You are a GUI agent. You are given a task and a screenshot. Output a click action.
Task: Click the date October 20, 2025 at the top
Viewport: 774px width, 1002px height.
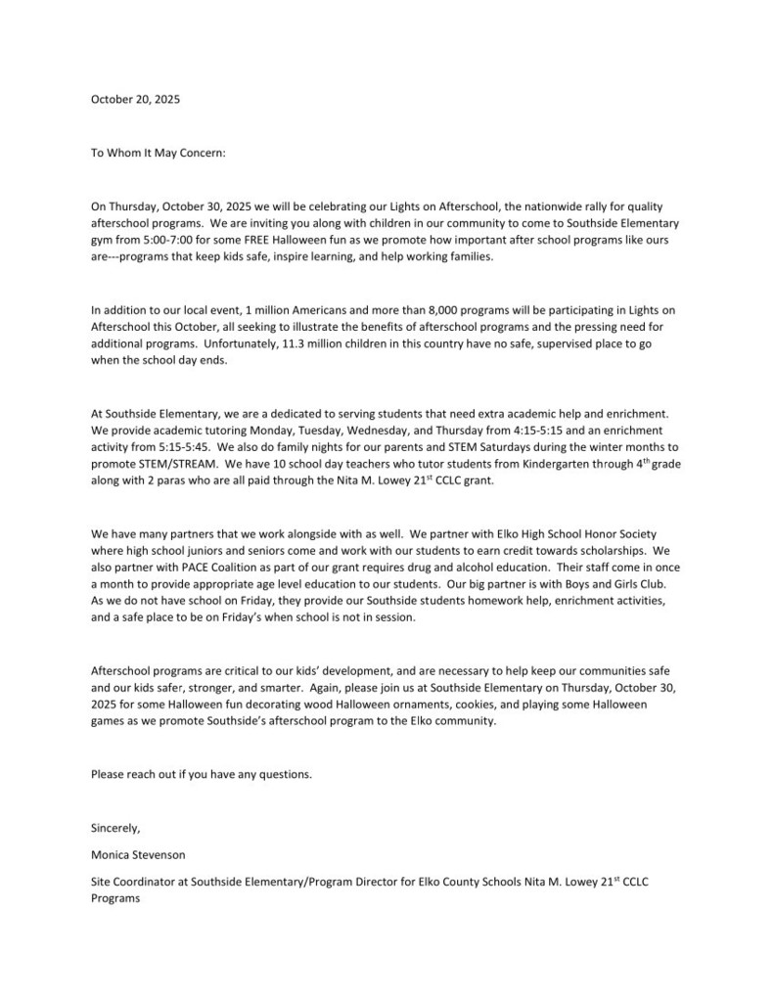tap(135, 100)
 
